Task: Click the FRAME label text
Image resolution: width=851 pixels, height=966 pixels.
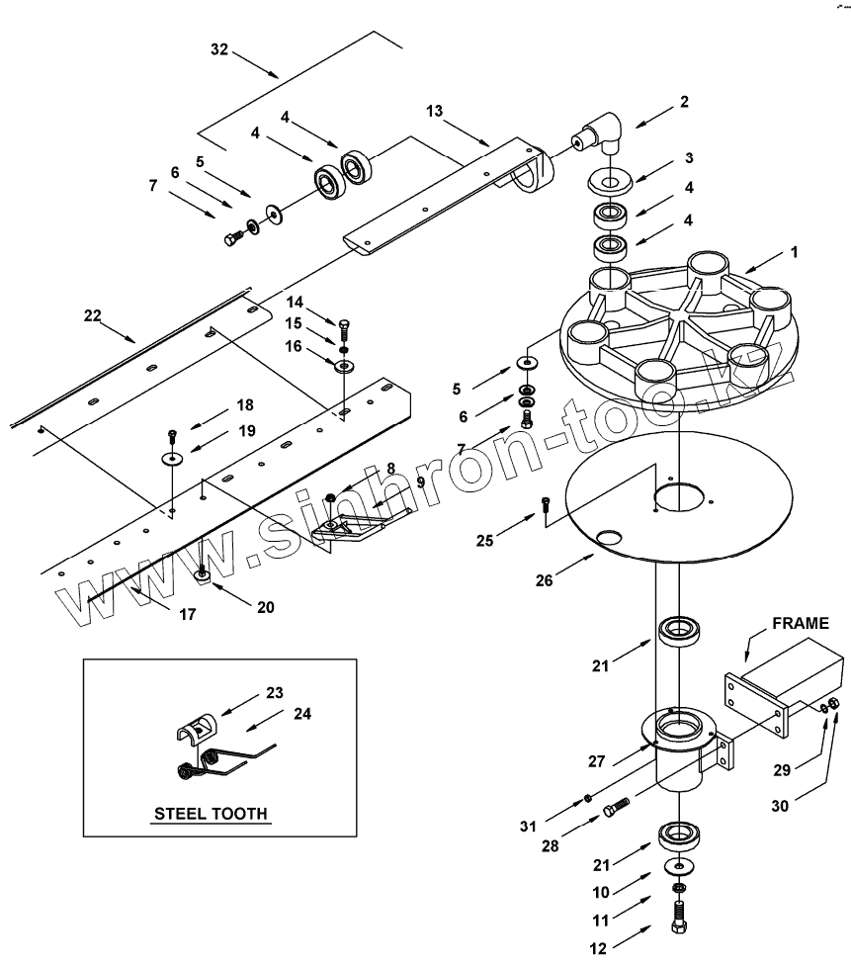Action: pyautogui.click(x=801, y=624)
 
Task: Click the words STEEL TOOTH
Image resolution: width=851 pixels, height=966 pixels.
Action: pyautogui.click(x=211, y=813)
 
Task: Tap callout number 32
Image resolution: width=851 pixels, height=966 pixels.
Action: pyautogui.click(x=219, y=49)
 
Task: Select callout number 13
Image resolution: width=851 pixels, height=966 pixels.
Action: pyautogui.click(x=434, y=111)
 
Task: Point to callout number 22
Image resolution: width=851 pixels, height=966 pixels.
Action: pyautogui.click(x=92, y=315)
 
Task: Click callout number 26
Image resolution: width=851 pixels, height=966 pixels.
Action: pyautogui.click(x=545, y=580)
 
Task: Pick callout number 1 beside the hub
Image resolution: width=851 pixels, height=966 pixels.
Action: pyautogui.click(x=795, y=252)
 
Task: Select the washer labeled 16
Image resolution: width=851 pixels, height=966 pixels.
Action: pyautogui.click(x=345, y=367)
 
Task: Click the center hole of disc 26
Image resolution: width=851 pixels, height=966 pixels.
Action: pyautogui.click(x=676, y=496)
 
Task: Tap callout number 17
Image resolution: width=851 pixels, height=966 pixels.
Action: pyautogui.click(x=187, y=614)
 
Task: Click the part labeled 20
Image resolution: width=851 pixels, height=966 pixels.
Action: pyautogui.click(x=202, y=574)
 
